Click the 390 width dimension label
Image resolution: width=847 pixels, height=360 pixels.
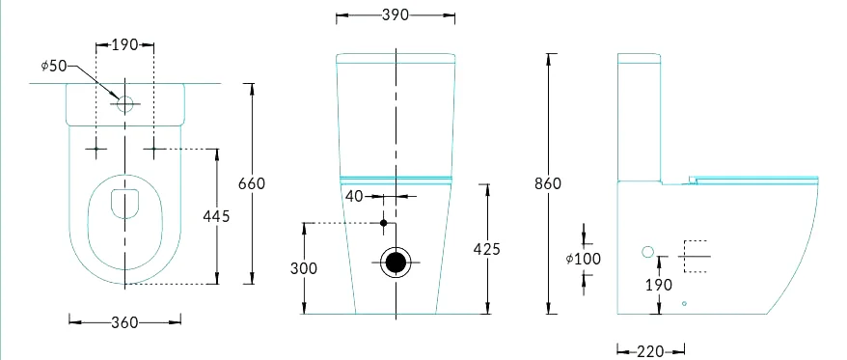click(x=396, y=15)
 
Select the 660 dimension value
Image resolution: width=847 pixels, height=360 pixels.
click(x=252, y=183)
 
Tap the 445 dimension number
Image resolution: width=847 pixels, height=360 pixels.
click(x=216, y=216)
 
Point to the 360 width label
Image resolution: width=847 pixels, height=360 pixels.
click(x=124, y=322)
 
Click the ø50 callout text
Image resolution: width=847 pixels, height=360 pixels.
click(x=53, y=66)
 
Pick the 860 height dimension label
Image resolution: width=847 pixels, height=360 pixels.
click(x=548, y=183)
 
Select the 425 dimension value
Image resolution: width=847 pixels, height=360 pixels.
click(x=487, y=249)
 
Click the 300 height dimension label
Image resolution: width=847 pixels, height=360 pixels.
click(x=304, y=268)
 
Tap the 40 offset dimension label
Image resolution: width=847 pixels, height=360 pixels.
click(x=354, y=196)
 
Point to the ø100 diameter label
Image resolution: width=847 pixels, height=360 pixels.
click(x=584, y=259)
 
